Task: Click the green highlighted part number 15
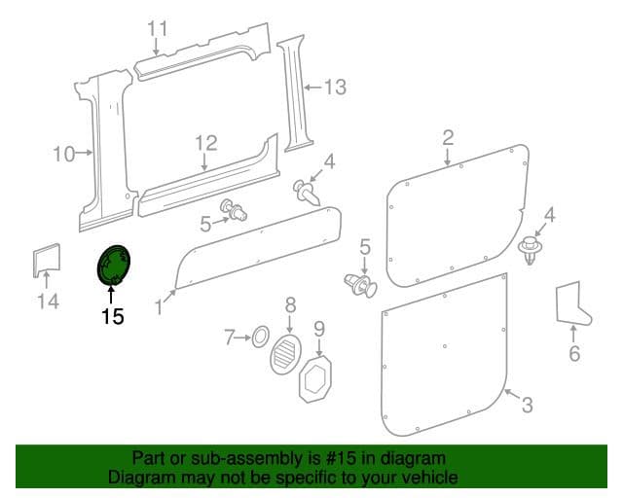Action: (114, 265)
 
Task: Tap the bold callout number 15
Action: (113, 316)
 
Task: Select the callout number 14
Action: (49, 301)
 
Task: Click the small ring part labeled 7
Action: (260, 338)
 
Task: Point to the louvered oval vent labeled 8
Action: (285, 353)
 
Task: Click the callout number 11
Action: (158, 28)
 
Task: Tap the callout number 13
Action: (336, 87)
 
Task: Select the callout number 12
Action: (206, 143)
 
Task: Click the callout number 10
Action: (64, 154)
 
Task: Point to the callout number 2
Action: (448, 137)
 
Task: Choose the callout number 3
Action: (528, 405)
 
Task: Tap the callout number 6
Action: (574, 353)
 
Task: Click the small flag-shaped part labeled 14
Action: (47, 260)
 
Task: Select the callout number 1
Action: (159, 307)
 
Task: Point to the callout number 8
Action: (291, 305)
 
